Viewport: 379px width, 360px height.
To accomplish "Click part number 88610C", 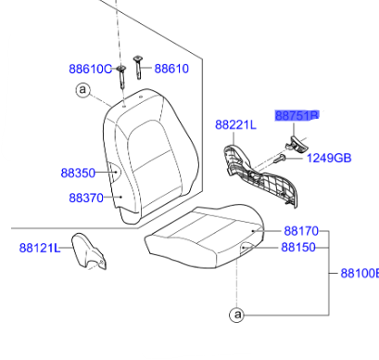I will click(x=89, y=69).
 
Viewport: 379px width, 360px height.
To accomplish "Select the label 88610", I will click(x=171, y=69).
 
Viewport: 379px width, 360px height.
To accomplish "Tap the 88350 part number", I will click(x=78, y=173).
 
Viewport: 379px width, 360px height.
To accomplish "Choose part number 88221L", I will click(x=235, y=124).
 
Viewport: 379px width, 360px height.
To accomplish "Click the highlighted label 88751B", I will click(x=297, y=116).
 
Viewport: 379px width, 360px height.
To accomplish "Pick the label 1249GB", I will click(x=330, y=158).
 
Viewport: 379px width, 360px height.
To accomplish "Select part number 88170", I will click(x=300, y=230).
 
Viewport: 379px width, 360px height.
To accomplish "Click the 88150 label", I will click(x=299, y=248).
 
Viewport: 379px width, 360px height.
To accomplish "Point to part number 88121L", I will click(x=39, y=248).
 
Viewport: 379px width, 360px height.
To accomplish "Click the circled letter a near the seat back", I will click(x=82, y=90).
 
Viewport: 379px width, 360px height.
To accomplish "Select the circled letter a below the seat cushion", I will click(x=237, y=315).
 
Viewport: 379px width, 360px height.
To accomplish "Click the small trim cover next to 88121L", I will click(x=91, y=253).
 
